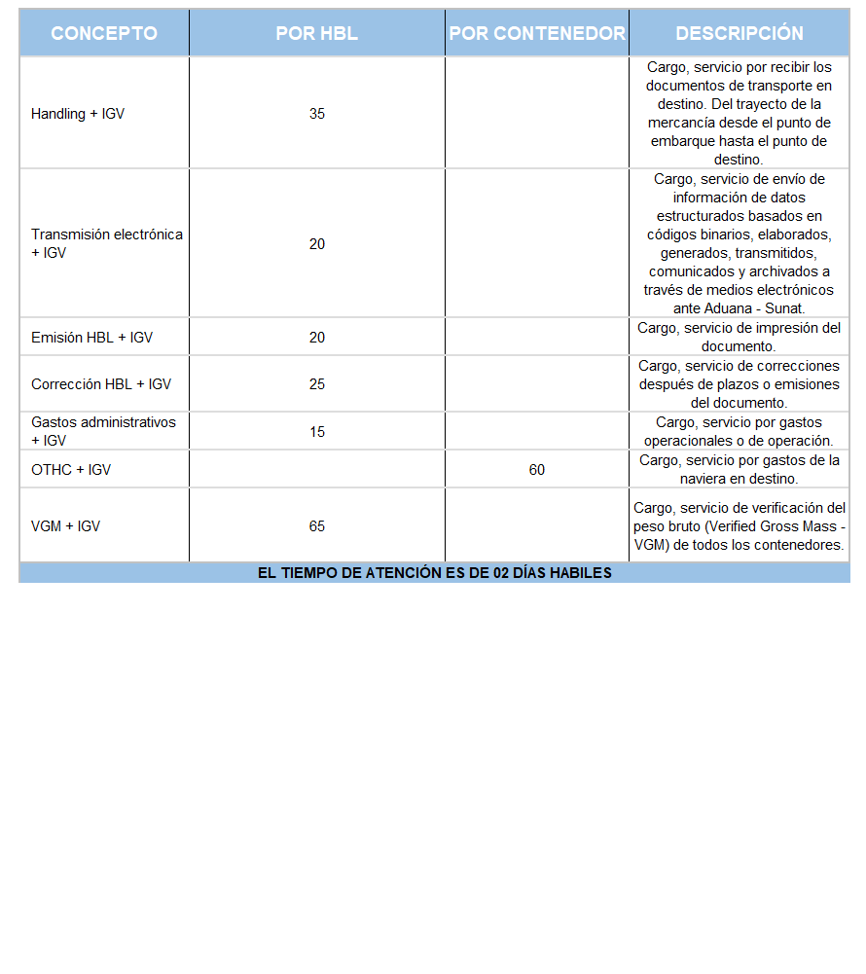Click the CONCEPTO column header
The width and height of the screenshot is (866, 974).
(x=104, y=33)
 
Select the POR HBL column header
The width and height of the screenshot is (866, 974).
(x=317, y=33)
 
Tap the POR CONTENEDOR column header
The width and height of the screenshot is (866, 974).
(x=537, y=33)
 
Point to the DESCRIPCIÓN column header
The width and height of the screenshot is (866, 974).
(x=740, y=33)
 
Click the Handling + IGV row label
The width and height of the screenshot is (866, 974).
(x=78, y=114)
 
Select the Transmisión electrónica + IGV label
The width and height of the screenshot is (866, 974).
(x=106, y=243)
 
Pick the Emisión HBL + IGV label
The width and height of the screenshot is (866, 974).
(x=91, y=338)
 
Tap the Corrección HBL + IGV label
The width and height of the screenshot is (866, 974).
(x=101, y=384)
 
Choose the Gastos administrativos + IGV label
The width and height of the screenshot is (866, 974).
(x=103, y=431)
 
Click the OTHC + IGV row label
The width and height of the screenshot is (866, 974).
(x=71, y=470)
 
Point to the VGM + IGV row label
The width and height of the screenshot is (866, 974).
(x=65, y=526)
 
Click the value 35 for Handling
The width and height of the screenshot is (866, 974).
(x=317, y=114)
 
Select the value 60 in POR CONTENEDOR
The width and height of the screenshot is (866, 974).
(x=537, y=470)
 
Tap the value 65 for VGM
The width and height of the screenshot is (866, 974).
(x=317, y=526)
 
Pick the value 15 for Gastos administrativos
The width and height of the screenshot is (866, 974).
(x=317, y=432)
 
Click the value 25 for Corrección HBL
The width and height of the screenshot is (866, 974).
(x=317, y=384)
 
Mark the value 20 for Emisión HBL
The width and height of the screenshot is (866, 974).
(x=317, y=338)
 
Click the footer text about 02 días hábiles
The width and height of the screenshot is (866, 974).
(x=434, y=573)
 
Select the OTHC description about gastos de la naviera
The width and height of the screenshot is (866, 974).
(x=740, y=470)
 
